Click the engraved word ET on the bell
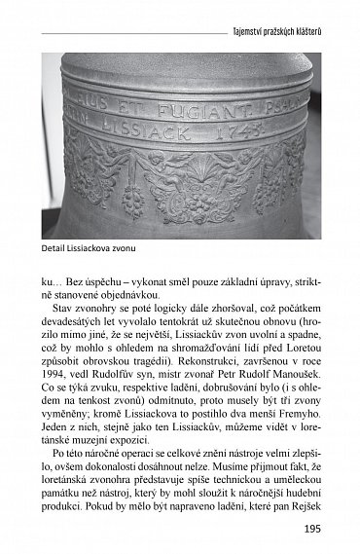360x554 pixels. pos(143,84)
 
